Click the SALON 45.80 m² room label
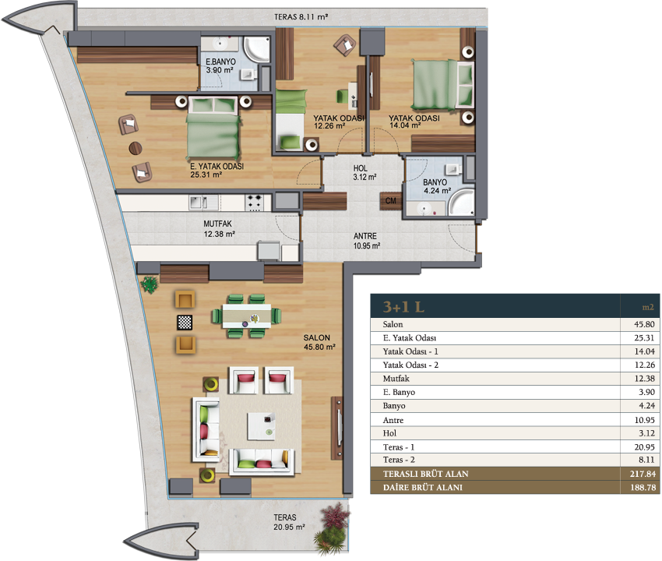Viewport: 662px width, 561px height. pyautogui.click(x=319, y=342)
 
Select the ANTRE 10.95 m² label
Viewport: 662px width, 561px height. pyautogui.click(x=367, y=240)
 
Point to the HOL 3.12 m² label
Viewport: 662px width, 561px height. pyautogui.click(x=364, y=172)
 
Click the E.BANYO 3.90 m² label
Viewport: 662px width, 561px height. pyautogui.click(x=220, y=66)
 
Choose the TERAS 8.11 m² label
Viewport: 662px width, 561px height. pyautogui.click(x=301, y=17)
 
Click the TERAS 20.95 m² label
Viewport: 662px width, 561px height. pyautogui.click(x=289, y=522)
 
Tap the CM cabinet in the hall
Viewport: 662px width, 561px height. pyautogui.click(x=390, y=201)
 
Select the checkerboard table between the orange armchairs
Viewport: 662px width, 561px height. pyautogui.click(x=185, y=323)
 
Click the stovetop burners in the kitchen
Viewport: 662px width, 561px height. pyautogui.click(x=254, y=203)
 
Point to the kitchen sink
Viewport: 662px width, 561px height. pyautogui.click(x=204, y=203)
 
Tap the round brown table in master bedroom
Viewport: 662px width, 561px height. pyautogui.click(x=135, y=148)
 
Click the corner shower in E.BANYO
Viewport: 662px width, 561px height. pyautogui.click(x=257, y=49)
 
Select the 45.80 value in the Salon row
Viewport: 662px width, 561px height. pyautogui.click(x=644, y=324)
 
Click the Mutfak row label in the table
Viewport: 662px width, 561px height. pyautogui.click(x=396, y=379)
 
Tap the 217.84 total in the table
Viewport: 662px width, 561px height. pyautogui.click(x=643, y=474)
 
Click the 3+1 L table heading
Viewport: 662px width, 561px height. pyautogui.click(x=403, y=307)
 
